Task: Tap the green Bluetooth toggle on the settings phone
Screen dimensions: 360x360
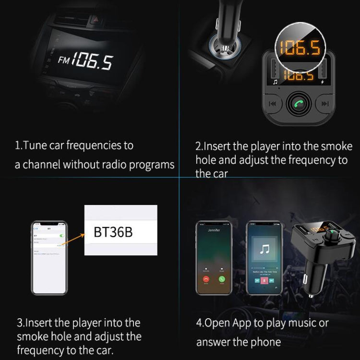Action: [61, 236]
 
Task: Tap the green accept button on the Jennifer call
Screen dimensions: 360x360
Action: [222, 279]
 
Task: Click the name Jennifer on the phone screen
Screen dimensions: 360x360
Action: [214, 230]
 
